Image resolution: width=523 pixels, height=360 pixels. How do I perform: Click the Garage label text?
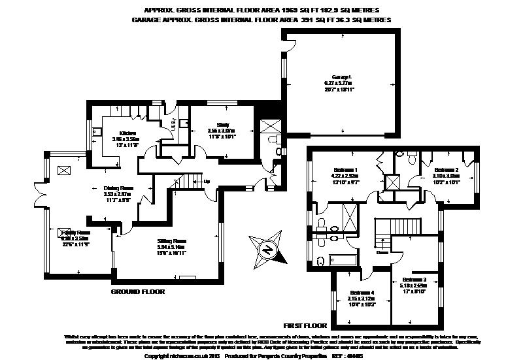pyautogui.click(x=337, y=78)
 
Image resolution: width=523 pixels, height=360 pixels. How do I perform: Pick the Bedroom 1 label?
pyautogui.click(x=346, y=170)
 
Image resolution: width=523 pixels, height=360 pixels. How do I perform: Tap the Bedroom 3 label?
pyautogui.click(x=413, y=279)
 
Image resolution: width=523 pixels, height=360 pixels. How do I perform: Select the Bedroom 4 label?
pyautogui.click(x=362, y=292)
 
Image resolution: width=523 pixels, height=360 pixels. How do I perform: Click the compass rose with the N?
pyautogui.click(x=267, y=248)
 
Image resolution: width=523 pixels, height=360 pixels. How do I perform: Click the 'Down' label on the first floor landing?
pyautogui.click(x=382, y=252)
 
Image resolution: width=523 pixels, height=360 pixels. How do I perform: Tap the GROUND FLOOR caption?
pyautogui.click(x=138, y=291)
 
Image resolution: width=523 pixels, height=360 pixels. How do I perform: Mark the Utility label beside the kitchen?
pyautogui.click(x=171, y=124)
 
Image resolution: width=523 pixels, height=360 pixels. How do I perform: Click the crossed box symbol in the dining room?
pyautogui.click(x=64, y=171)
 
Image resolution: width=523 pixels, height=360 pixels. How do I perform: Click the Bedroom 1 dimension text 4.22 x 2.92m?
pyautogui.click(x=346, y=176)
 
